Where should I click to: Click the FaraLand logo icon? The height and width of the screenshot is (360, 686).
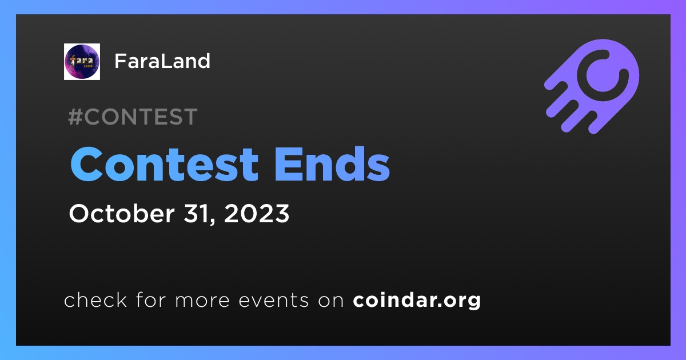82,62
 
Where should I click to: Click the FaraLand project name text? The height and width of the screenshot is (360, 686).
162,61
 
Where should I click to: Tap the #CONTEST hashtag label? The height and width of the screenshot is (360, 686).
133,117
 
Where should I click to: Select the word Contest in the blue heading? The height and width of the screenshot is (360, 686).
165,165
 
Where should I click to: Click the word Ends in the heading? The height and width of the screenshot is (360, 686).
332,165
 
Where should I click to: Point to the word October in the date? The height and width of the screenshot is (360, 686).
122,213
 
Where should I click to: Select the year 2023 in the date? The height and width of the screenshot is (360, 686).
257,213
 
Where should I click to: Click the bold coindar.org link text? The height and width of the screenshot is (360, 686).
417,301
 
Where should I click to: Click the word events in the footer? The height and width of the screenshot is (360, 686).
274,301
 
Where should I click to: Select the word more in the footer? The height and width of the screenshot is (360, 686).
202,301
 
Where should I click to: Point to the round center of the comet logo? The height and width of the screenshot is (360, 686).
603,75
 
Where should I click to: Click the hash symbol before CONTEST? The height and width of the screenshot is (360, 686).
75,117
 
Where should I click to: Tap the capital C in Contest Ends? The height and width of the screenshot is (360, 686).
86,165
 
